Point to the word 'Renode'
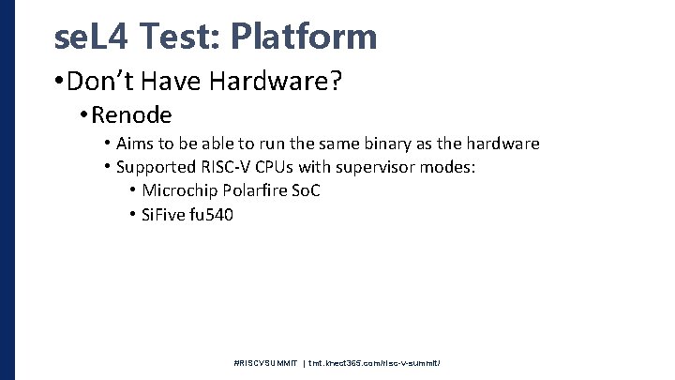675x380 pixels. click(132, 115)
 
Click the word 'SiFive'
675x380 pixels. click(161, 215)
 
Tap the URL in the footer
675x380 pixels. click(375, 362)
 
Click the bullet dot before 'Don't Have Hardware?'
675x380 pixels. click(60, 84)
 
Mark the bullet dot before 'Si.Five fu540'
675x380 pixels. click(132, 216)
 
